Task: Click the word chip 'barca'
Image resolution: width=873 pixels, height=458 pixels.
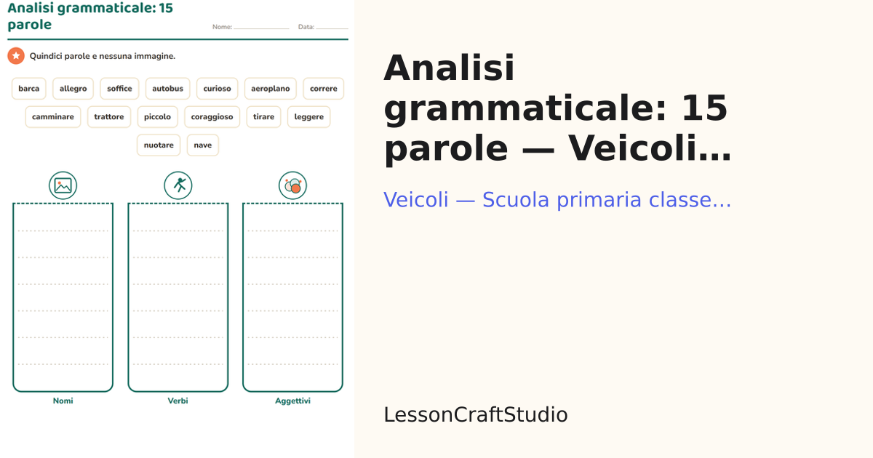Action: tap(29, 89)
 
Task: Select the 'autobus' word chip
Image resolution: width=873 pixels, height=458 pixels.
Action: tap(167, 89)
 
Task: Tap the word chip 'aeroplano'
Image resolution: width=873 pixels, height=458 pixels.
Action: tap(271, 89)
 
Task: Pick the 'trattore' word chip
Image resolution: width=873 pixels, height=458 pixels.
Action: tap(108, 117)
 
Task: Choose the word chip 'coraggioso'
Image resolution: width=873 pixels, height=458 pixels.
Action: tap(212, 117)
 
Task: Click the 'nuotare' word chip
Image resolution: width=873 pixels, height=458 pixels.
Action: tap(159, 145)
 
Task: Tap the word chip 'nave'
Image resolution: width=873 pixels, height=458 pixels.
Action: tap(203, 145)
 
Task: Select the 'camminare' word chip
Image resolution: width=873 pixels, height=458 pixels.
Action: tap(53, 117)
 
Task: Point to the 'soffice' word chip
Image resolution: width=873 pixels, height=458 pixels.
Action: tap(119, 89)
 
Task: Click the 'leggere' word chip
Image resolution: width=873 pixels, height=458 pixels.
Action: tap(308, 117)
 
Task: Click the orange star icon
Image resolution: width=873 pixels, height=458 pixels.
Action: tap(16, 56)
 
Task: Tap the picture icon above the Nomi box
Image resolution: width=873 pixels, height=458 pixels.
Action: tap(63, 185)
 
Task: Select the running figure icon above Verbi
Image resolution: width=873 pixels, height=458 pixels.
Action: tap(178, 185)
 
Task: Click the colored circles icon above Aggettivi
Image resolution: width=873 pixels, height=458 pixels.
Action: tap(292, 185)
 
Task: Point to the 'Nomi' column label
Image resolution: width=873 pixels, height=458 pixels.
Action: tap(63, 401)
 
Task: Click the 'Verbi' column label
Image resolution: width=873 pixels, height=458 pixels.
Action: tap(178, 401)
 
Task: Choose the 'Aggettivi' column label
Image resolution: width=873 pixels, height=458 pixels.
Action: tap(292, 401)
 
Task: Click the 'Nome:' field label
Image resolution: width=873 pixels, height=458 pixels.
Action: tap(222, 27)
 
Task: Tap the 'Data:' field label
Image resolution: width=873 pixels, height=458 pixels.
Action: tap(306, 27)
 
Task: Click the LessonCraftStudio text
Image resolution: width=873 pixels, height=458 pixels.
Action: tap(476, 414)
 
